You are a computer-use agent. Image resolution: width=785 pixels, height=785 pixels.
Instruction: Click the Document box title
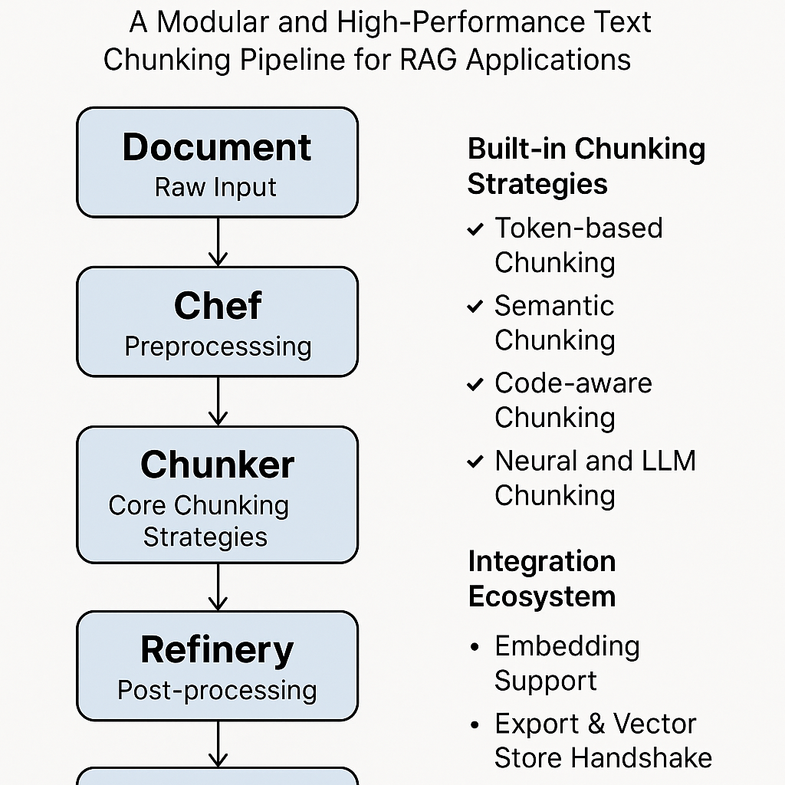pos(217,147)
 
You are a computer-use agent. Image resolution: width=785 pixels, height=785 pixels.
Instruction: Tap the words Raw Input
pos(215,187)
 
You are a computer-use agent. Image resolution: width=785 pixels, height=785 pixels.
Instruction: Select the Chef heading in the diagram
pos(218,306)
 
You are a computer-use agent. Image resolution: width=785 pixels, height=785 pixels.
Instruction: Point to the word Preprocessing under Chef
pos(218,347)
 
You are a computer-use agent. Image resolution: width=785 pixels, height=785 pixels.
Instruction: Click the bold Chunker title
pos(217,465)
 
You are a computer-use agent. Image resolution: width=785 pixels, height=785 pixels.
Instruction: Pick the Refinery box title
pos(217,650)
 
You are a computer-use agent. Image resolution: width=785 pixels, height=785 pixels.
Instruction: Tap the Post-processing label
pos(217,690)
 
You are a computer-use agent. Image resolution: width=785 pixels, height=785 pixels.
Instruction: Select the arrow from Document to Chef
pos(218,241)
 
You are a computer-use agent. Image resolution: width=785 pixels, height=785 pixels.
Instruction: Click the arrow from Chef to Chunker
pos(218,401)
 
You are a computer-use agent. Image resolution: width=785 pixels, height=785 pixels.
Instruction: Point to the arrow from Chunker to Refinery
pos(218,586)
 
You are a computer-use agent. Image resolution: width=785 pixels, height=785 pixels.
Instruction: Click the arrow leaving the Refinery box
pos(218,744)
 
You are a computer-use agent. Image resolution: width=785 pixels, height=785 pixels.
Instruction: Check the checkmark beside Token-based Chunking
pos(475,229)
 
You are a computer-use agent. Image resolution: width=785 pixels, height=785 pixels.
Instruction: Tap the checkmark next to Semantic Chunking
pos(475,307)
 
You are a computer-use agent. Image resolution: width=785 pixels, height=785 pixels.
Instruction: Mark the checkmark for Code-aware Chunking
pos(475,384)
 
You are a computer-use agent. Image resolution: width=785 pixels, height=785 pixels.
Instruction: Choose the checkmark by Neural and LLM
pos(475,461)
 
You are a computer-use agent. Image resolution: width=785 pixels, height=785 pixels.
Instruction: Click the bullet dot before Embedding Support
pos(475,648)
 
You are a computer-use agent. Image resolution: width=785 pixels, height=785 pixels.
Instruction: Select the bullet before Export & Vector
pos(475,725)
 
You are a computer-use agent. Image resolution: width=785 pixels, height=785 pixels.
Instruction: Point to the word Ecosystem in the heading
pos(542,596)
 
